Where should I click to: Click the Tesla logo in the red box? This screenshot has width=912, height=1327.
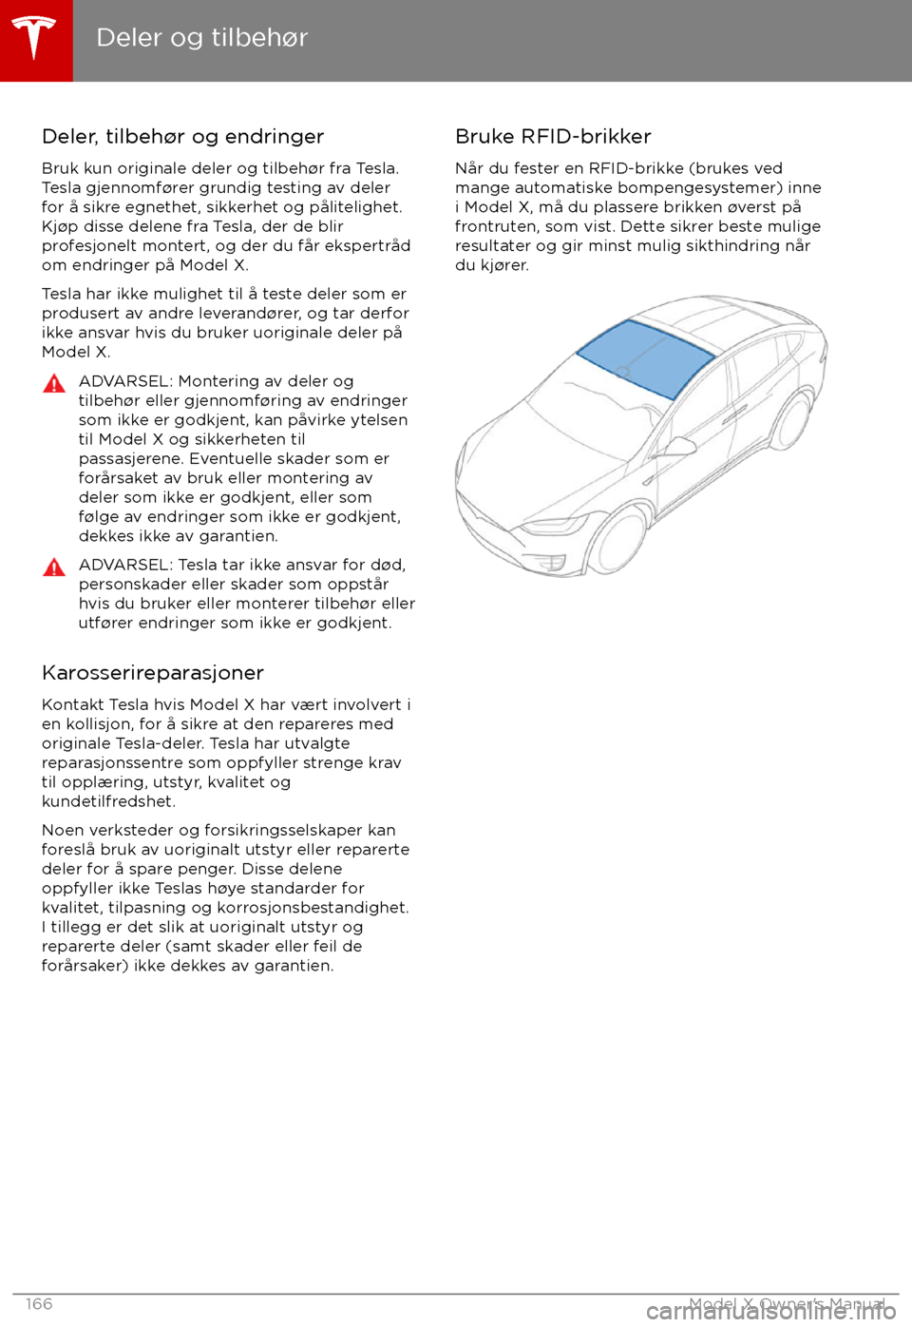[x=35, y=39]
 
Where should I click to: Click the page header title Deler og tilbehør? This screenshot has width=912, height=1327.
[x=201, y=38]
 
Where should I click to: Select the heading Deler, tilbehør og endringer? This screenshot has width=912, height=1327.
[x=182, y=137]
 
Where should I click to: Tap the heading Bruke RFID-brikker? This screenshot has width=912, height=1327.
[x=553, y=137]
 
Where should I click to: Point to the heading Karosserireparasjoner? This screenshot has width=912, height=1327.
[x=152, y=673]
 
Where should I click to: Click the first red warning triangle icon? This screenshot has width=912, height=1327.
[x=54, y=384]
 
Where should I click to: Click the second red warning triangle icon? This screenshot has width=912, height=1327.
[x=54, y=567]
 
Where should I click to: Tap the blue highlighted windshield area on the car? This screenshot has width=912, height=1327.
[x=646, y=357]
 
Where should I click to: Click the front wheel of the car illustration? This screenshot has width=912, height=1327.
[x=617, y=540]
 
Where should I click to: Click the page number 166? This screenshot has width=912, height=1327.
[x=39, y=1304]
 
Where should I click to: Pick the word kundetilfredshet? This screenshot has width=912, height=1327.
[x=108, y=801]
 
